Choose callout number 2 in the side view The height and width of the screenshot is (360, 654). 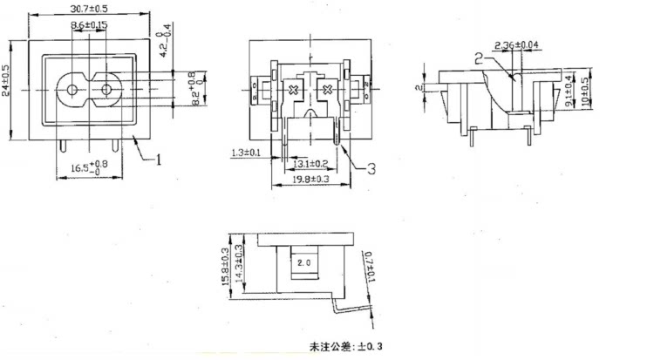pos(479,58)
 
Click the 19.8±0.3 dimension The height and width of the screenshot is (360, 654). pos(310,179)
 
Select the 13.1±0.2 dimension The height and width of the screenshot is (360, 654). pos(310,163)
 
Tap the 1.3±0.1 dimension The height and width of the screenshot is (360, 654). pos(247,154)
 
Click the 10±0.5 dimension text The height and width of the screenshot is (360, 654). pos(583,90)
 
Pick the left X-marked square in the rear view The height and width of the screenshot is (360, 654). pos(293,90)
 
